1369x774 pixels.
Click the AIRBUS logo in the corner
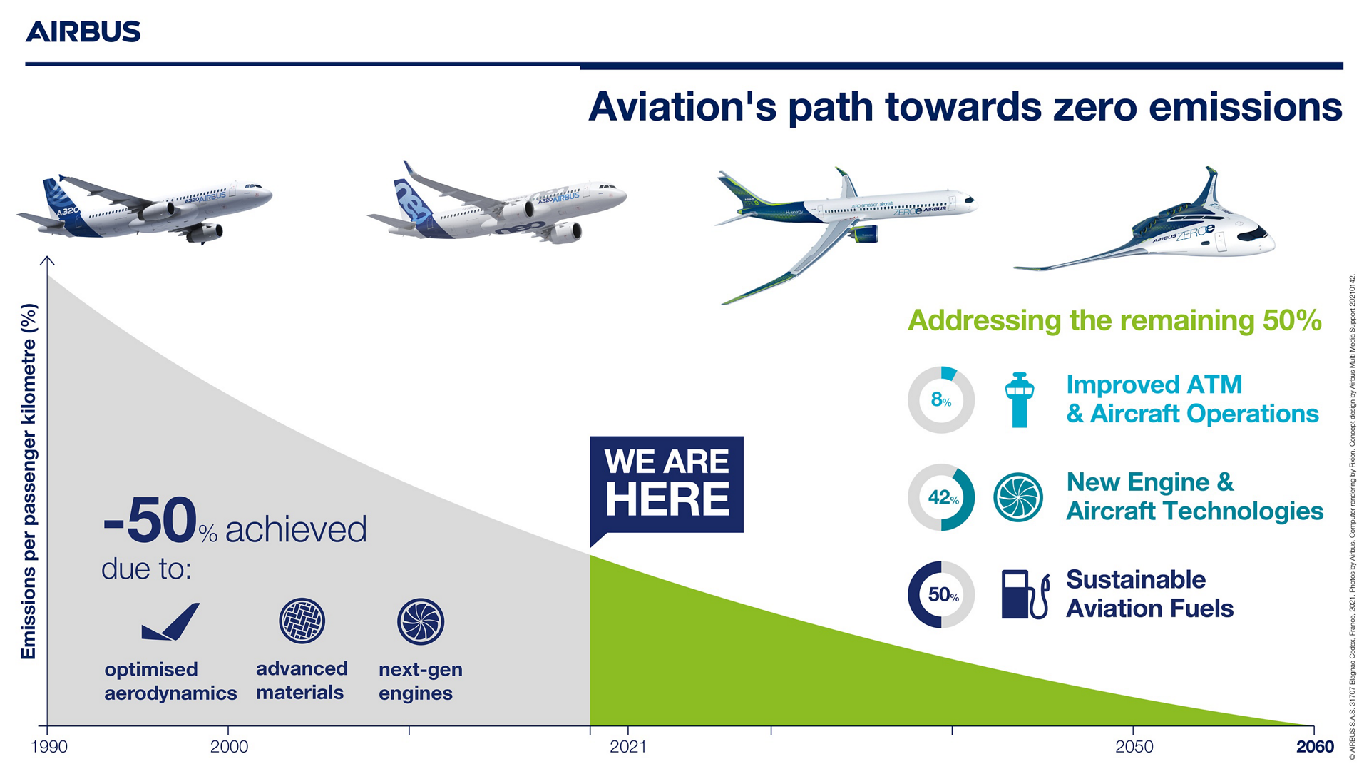coord(83,32)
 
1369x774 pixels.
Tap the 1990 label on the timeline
coord(49,747)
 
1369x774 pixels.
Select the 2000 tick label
coord(229,747)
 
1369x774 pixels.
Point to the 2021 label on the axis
coord(627,747)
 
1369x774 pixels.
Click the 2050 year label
coord(1133,747)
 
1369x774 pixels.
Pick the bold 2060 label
coord(1314,747)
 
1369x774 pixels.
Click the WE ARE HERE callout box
coord(667,484)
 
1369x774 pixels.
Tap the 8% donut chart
coord(940,400)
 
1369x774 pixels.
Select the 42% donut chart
coord(940,497)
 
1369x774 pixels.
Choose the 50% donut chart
coord(940,594)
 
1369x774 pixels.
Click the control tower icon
coord(1019,400)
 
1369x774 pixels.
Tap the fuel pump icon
coord(1024,594)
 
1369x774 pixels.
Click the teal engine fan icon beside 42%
coord(1017,497)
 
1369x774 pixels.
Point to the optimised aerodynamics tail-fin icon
coord(170,622)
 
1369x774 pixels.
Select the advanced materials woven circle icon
coord(302,621)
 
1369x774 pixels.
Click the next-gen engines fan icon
coord(421,621)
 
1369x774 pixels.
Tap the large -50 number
coord(150,521)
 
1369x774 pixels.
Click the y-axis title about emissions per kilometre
coord(29,482)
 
